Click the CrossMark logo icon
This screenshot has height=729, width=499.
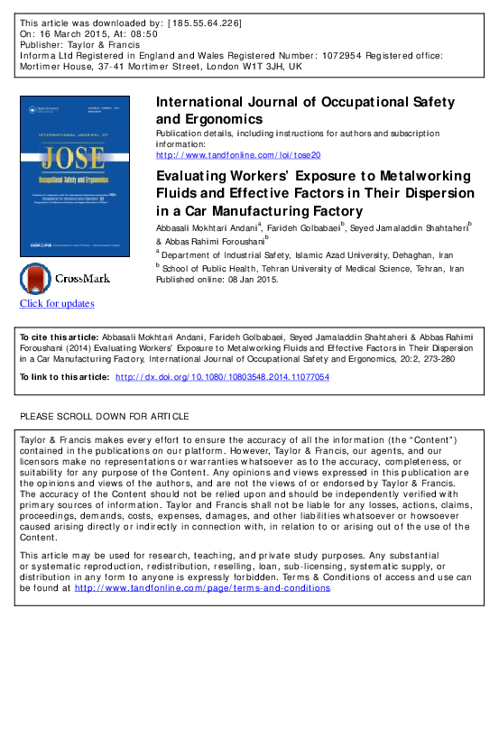pos(37,279)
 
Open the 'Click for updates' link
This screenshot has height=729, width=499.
pos(57,304)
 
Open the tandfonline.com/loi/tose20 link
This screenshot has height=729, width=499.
pos(232,154)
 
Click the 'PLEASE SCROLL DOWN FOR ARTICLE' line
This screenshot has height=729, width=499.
pos(105,416)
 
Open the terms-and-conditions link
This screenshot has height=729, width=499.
pos(202,588)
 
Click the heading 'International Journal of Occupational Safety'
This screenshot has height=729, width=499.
pos(305,102)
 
